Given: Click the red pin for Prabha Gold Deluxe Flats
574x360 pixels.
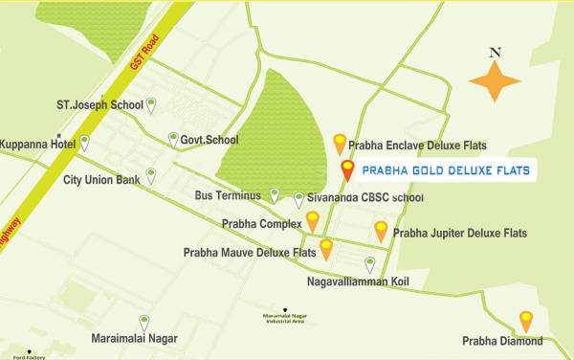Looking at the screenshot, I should (347, 170).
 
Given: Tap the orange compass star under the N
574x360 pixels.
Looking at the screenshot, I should (494, 80).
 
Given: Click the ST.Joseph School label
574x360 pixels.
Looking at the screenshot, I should (99, 104).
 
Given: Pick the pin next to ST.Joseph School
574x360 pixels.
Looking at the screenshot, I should (150, 103).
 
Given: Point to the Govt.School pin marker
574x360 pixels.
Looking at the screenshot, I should (173, 139).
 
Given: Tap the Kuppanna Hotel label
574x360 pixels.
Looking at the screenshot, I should (37, 144).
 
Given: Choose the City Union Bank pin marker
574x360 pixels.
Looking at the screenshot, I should (150, 176).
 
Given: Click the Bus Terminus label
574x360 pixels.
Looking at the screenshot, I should (227, 196).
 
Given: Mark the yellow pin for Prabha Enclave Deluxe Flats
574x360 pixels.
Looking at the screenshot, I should (339, 144).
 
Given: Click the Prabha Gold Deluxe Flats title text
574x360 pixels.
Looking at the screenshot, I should (445, 170).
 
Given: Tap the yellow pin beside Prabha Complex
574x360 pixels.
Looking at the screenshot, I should (312, 222).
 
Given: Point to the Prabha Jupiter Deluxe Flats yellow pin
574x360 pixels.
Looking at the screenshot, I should (381, 231).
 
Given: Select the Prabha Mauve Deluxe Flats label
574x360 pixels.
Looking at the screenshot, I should (250, 254).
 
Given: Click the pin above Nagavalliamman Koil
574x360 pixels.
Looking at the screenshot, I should (370, 264).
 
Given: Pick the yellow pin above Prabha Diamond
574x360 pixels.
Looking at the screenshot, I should (525, 321).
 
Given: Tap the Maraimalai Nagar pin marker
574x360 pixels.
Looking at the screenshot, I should (144, 323).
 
